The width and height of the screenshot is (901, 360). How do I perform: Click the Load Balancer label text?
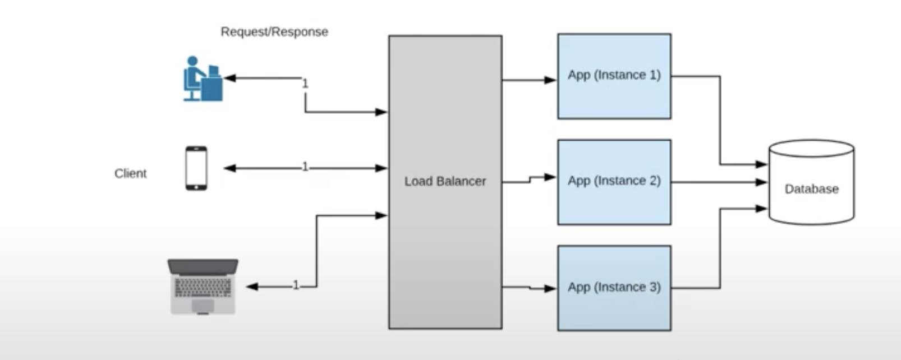coord(445,181)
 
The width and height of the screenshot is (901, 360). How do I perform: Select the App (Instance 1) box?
coord(614,76)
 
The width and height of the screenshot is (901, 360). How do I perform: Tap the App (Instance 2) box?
coord(614,182)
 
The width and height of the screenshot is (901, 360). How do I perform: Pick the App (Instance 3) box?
coord(614,288)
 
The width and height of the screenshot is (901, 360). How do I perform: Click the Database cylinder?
coord(811,183)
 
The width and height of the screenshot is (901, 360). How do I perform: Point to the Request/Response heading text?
coord(274,32)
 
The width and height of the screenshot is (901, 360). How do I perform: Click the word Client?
coord(130,174)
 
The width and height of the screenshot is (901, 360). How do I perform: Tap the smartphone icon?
coord(196,168)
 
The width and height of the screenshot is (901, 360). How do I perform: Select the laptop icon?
coord(203,286)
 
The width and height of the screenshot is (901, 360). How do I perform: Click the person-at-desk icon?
coord(203,79)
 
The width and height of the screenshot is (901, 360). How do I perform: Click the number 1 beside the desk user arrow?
coord(305,84)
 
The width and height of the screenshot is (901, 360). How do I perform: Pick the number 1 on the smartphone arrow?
coord(305,167)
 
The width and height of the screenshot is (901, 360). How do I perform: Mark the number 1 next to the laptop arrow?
coord(296,285)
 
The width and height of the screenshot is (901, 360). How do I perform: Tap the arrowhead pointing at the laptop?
coord(252,287)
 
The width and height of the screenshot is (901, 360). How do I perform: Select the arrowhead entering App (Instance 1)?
coord(550,80)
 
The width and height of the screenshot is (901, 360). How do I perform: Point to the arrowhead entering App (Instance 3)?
coord(550,289)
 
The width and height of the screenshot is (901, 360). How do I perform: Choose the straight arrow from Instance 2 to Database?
coord(718,182)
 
